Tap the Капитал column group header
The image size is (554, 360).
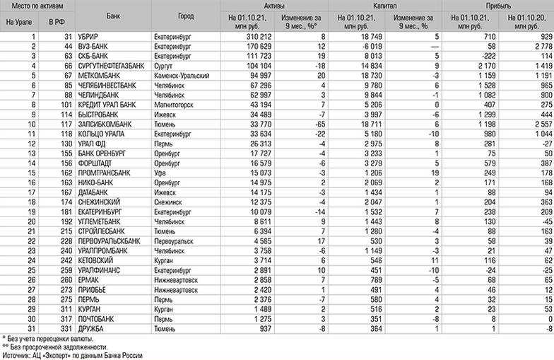tap(387, 5)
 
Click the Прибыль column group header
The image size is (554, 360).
tap(497, 5)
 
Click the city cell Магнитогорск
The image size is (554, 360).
tap(175, 103)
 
